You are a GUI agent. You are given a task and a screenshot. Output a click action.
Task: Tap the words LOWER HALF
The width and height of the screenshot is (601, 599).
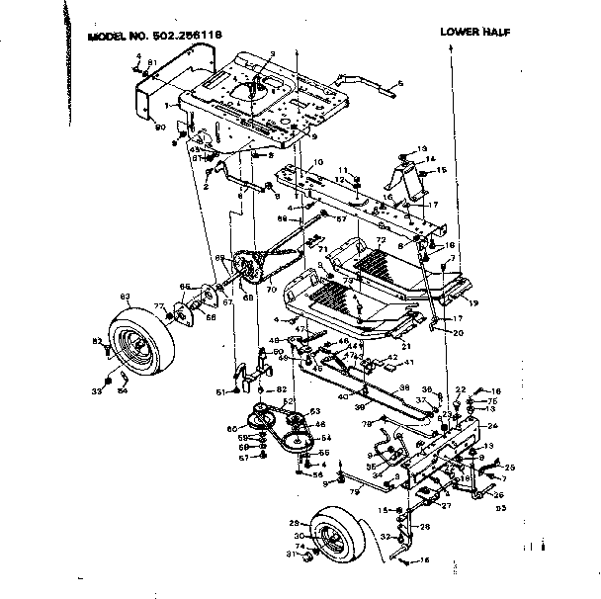pos(477,32)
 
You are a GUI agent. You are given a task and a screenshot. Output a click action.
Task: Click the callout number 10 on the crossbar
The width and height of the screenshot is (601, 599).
pos(318,162)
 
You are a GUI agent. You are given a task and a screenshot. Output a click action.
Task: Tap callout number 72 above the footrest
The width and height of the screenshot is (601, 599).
pos(381,240)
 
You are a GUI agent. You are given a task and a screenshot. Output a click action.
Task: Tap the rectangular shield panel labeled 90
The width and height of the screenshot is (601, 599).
pos(158,99)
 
